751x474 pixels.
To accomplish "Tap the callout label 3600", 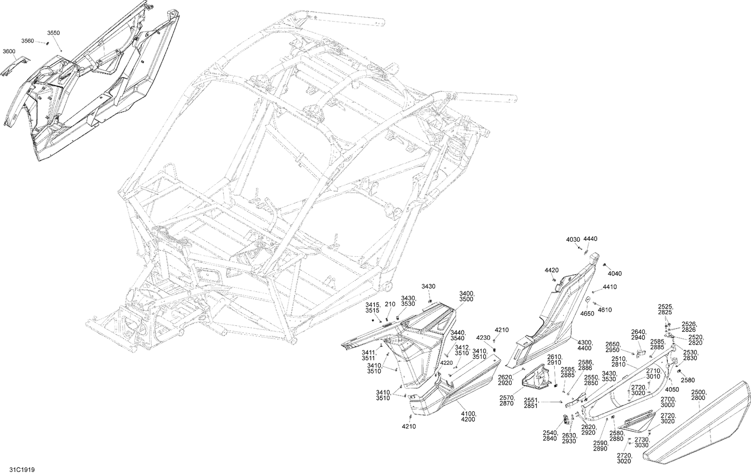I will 9,51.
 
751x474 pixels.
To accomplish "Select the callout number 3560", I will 28,41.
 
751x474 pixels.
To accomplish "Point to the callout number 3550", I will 54,33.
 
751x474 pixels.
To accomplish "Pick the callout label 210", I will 390,304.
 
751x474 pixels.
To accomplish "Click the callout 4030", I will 573,240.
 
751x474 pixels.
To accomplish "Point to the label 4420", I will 551,270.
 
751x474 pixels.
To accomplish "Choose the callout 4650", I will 587,313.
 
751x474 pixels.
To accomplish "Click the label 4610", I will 605,310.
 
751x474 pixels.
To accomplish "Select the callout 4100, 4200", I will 469,417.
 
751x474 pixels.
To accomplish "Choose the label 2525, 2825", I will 665,309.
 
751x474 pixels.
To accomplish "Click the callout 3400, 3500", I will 467,296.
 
